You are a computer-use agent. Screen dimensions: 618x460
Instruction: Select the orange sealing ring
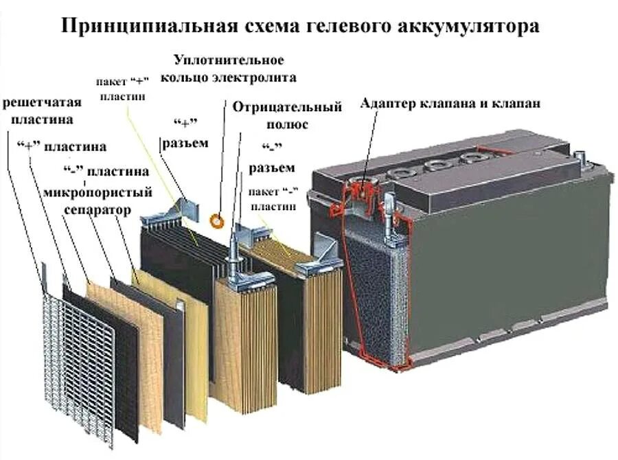click(216, 220)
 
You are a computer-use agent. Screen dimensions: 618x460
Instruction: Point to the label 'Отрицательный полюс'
click(287, 115)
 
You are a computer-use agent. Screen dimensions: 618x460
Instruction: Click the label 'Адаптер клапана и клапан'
click(450, 104)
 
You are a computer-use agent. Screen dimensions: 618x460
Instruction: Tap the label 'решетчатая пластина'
click(43, 111)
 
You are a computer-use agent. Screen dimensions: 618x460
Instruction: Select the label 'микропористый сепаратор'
click(96, 200)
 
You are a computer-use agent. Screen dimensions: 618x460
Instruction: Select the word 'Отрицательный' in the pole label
click(287, 107)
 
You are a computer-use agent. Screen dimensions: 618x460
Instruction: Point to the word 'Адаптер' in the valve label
click(385, 104)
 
